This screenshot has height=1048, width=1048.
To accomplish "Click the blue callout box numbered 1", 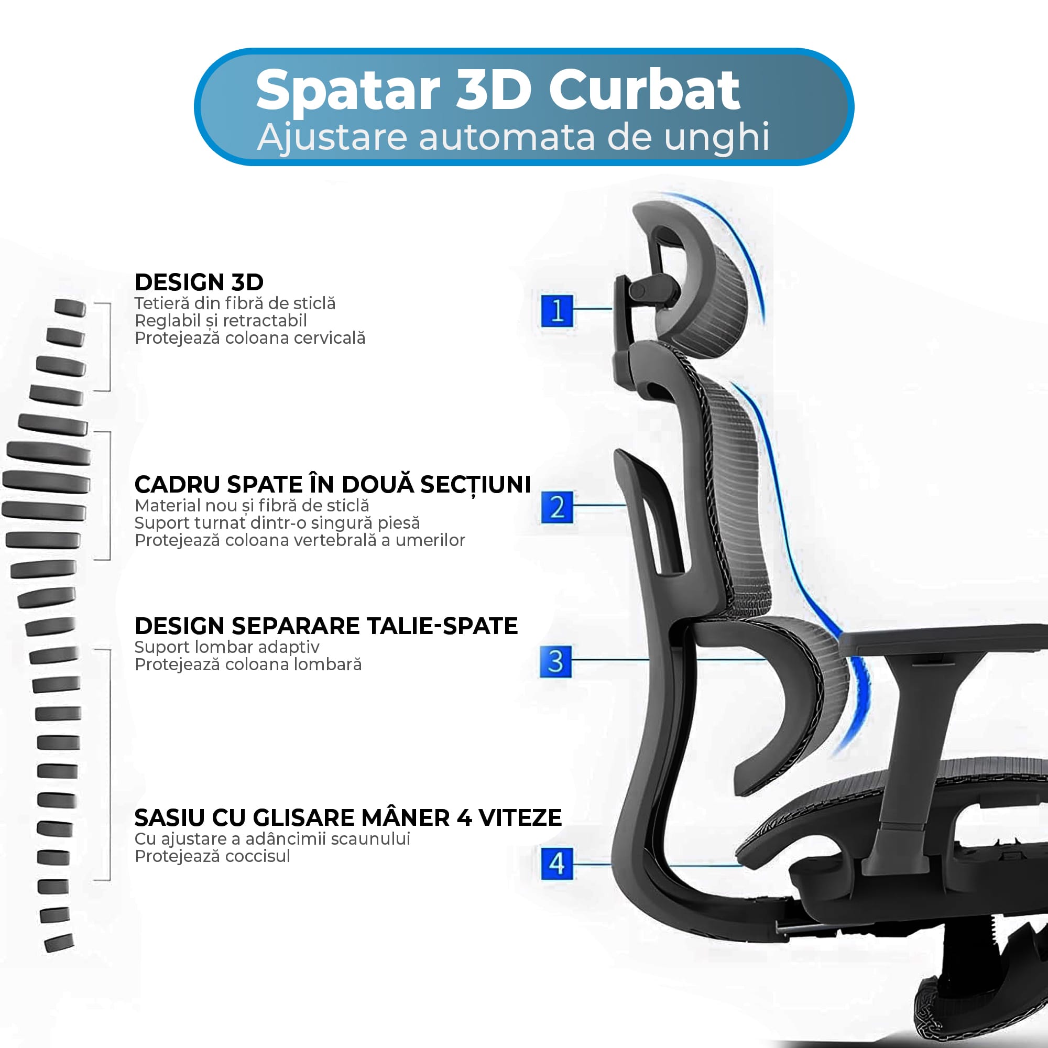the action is tap(557, 310).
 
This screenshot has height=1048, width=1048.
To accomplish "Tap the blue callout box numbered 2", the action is tap(557, 507).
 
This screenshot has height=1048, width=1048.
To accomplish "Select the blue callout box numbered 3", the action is tap(556, 661).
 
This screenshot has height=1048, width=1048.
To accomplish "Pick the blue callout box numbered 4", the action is tap(557, 864).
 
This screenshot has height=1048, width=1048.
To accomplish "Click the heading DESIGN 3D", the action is tap(199, 282).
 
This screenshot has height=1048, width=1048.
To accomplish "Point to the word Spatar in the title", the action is tap(348, 91).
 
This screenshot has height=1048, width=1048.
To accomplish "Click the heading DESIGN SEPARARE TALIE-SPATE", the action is tap(326, 626).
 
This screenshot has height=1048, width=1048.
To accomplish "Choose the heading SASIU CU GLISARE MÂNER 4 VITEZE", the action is tap(348, 817).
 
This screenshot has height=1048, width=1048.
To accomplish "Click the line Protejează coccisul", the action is tap(212, 856).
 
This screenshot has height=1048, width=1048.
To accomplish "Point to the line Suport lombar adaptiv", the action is tap(227, 647).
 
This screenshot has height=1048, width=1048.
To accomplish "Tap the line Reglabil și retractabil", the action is tap(221, 321).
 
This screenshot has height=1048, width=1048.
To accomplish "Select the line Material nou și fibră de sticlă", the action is tap(252, 506).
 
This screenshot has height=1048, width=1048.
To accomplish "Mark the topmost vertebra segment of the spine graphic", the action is tap(70, 307).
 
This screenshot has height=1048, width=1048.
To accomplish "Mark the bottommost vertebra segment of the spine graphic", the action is tap(59, 943).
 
